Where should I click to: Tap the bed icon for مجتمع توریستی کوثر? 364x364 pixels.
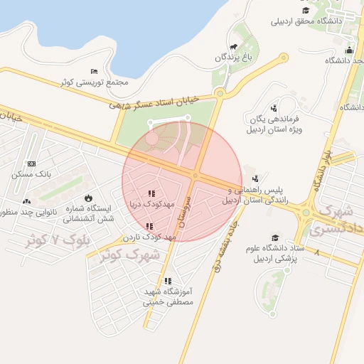point(95,72)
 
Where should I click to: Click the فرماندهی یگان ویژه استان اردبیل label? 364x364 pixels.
point(278,125)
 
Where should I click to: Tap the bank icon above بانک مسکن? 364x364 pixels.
point(31,164)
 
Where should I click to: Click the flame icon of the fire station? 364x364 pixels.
point(88,198)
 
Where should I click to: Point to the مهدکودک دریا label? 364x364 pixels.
point(151,204)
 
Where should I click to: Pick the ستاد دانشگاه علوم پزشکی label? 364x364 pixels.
point(276,252)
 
